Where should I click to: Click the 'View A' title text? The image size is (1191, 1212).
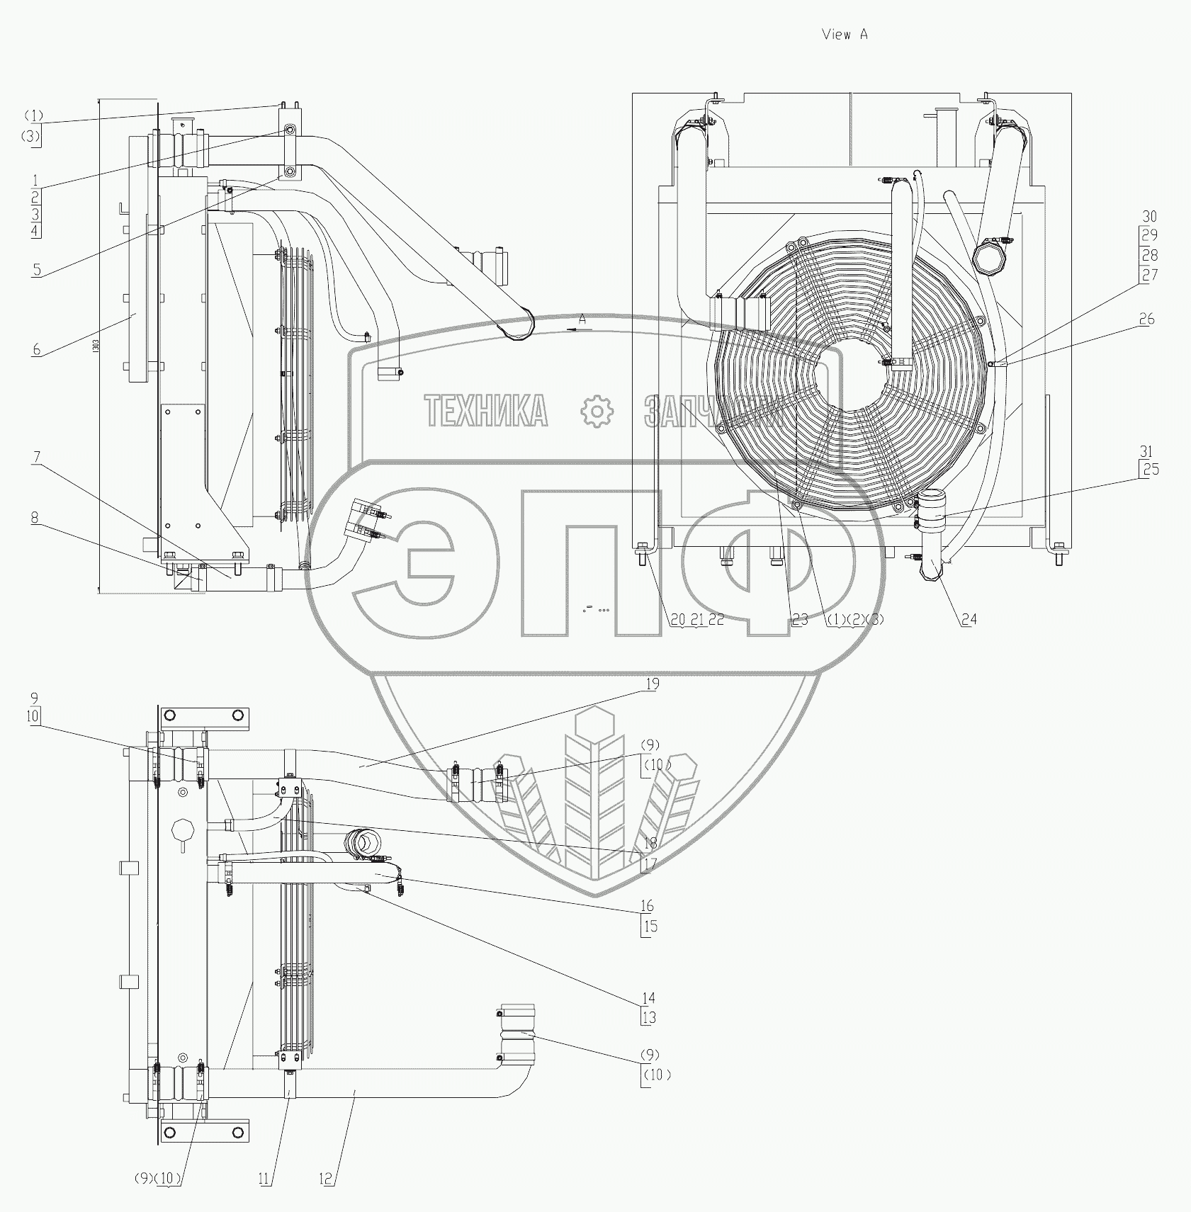(844, 35)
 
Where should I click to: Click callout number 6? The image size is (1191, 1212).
(36, 349)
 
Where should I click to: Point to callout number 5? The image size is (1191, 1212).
(36, 269)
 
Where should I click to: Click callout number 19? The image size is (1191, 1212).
(652, 684)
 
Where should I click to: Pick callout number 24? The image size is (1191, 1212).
(969, 620)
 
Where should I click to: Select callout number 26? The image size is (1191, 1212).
(1146, 319)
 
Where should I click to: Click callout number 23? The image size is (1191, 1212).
(799, 620)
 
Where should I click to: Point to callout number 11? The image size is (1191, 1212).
(264, 1179)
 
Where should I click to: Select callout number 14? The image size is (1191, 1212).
(648, 998)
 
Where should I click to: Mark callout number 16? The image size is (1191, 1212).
(648, 906)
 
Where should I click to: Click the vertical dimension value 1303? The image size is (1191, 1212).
(96, 346)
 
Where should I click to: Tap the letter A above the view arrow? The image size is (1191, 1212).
(582, 319)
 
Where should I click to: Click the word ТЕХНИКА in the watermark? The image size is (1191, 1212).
(486, 411)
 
